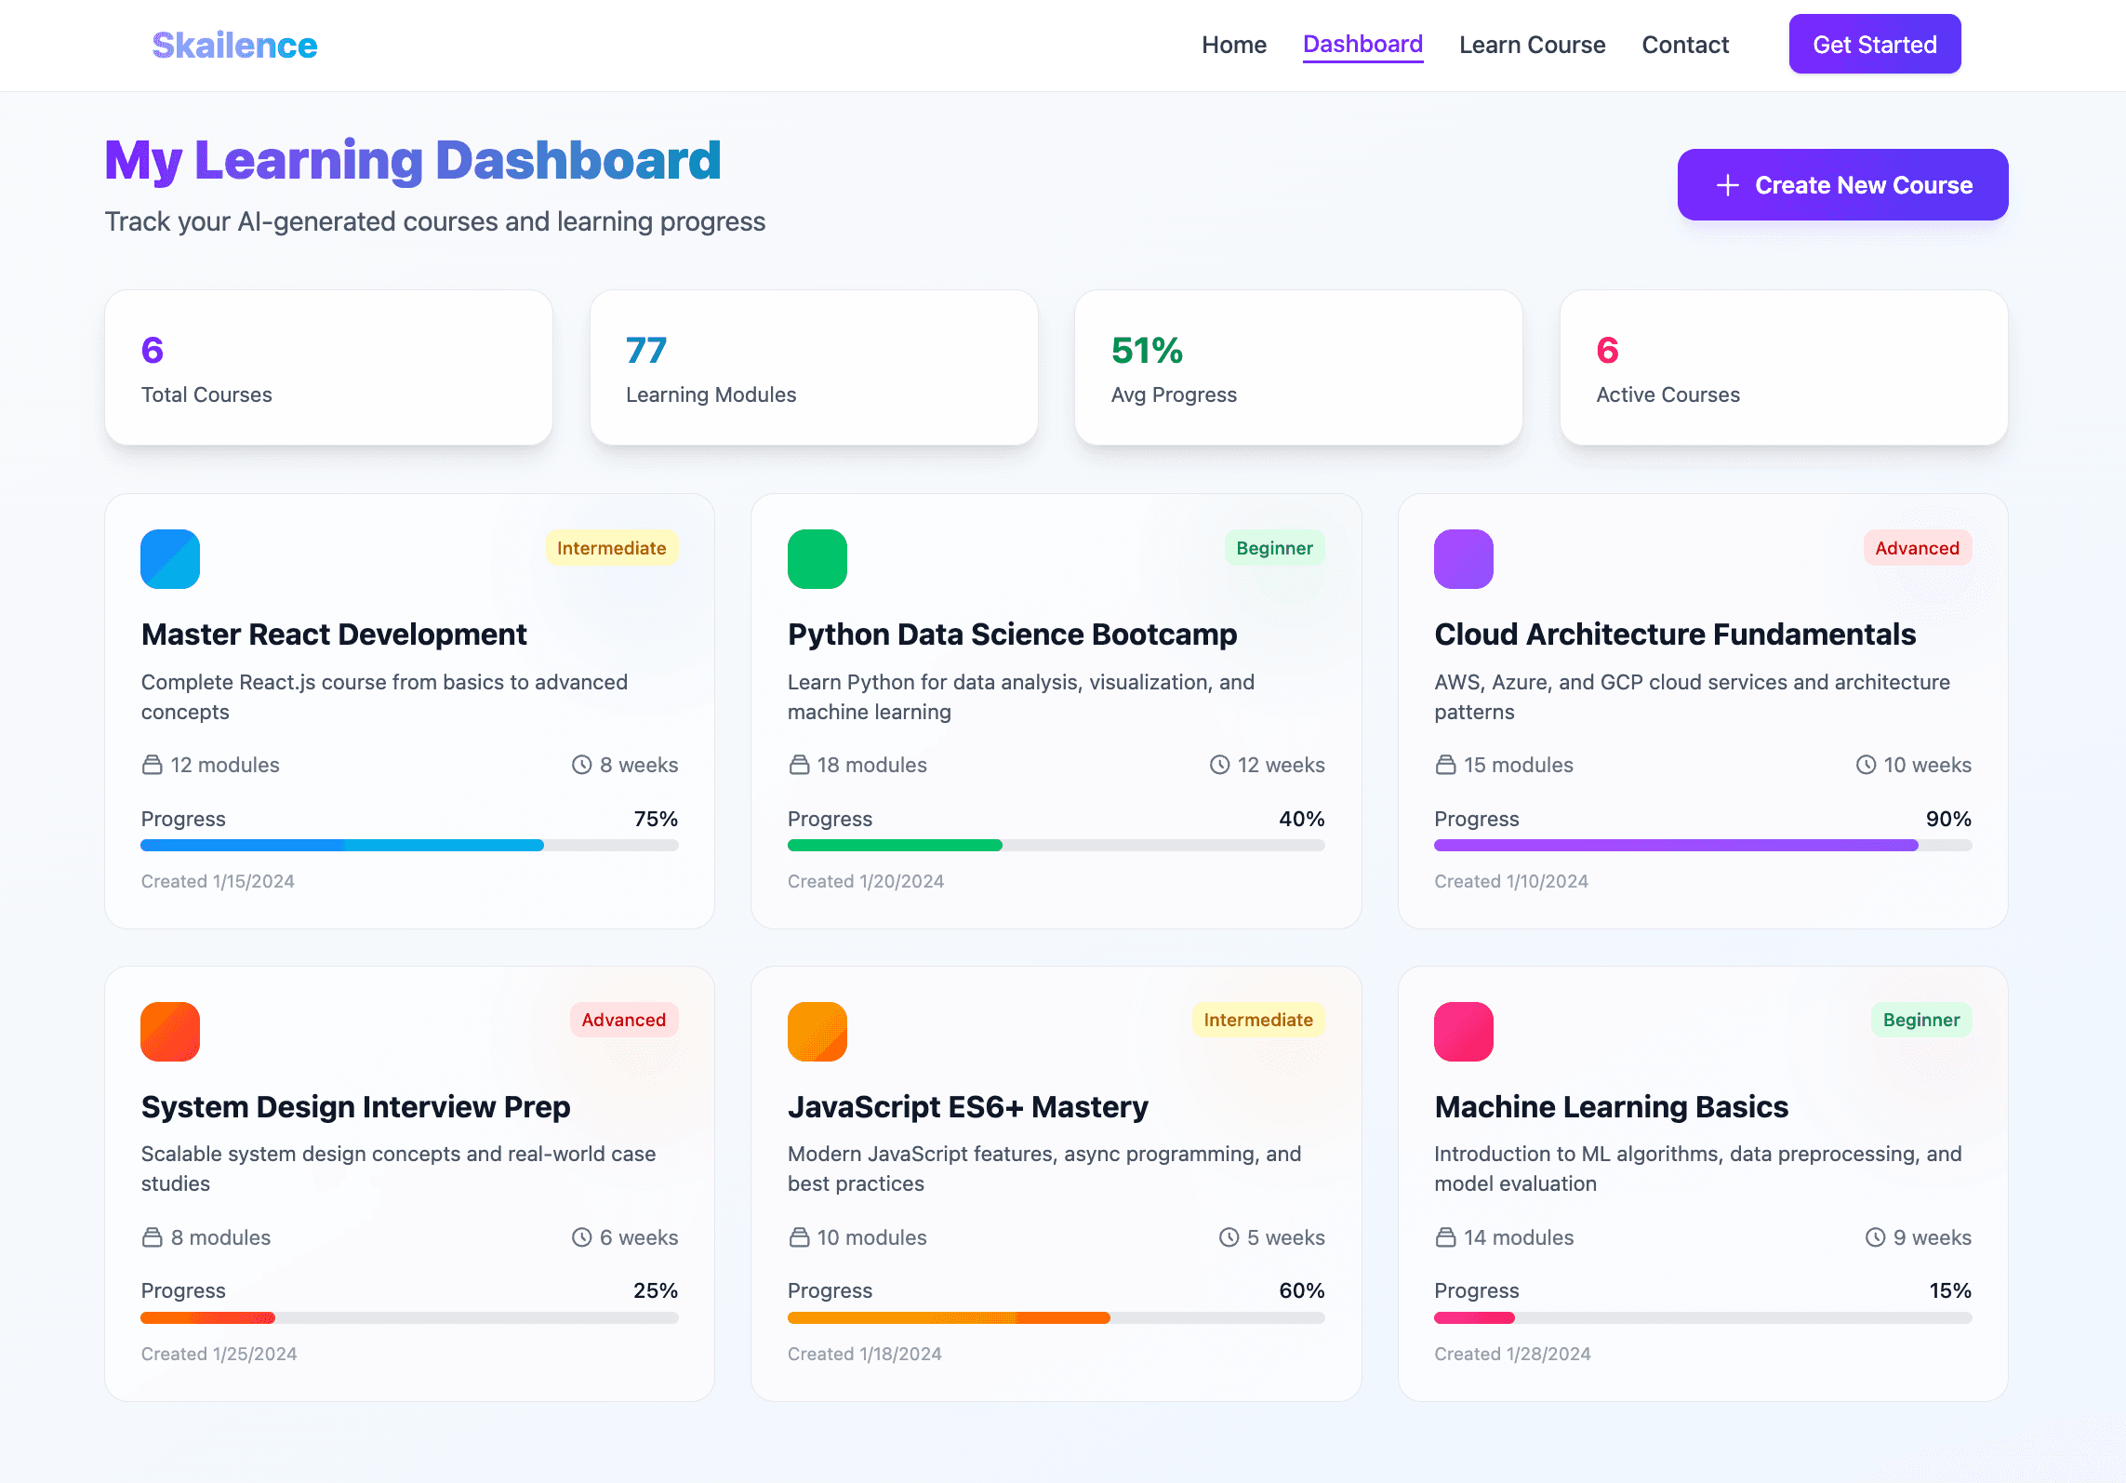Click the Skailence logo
pyautogui.click(x=234, y=45)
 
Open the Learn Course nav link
pyautogui.click(x=1532, y=45)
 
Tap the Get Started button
pyautogui.click(x=1874, y=45)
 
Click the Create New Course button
pyautogui.click(x=1842, y=185)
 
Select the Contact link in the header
pyautogui.click(x=1684, y=45)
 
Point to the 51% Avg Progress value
pyautogui.click(x=1146, y=351)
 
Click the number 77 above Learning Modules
pyautogui.click(x=645, y=351)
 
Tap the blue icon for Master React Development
pyautogui.click(x=170, y=559)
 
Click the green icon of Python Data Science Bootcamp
pyautogui.click(x=817, y=559)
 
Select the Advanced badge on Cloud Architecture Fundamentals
pyautogui.click(x=1916, y=548)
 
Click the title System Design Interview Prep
pyautogui.click(x=355, y=1107)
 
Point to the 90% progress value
pyautogui.click(x=1947, y=819)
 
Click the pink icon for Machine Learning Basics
pyautogui.click(x=1463, y=1032)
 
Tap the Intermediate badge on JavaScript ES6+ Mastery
pyautogui.click(x=1257, y=1020)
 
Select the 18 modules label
pyautogui.click(x=871, y=765)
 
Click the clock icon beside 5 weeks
pyautogui.click(x=1229, y=1237)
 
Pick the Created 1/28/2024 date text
pyautogui.click(x=1512, y=1354)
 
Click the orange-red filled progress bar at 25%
pyautogui.click(x=207, y=1317)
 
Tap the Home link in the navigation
pyautogui.click(x=1233, y=45)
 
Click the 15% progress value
pyautogui.click(x=1949, y=1290)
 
